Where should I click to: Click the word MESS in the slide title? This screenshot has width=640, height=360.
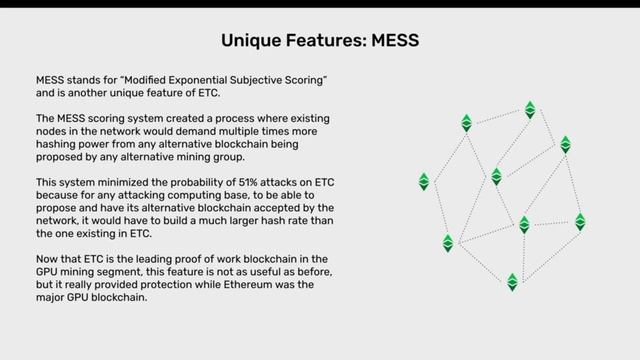[x=393, y=41]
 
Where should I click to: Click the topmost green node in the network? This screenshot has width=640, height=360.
[x=530, y=109]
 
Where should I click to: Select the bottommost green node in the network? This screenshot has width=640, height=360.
[x=512, y=282]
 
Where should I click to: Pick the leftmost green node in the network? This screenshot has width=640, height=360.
[x=424, y=182]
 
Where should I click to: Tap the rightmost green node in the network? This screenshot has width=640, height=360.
[x=580, y=221]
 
